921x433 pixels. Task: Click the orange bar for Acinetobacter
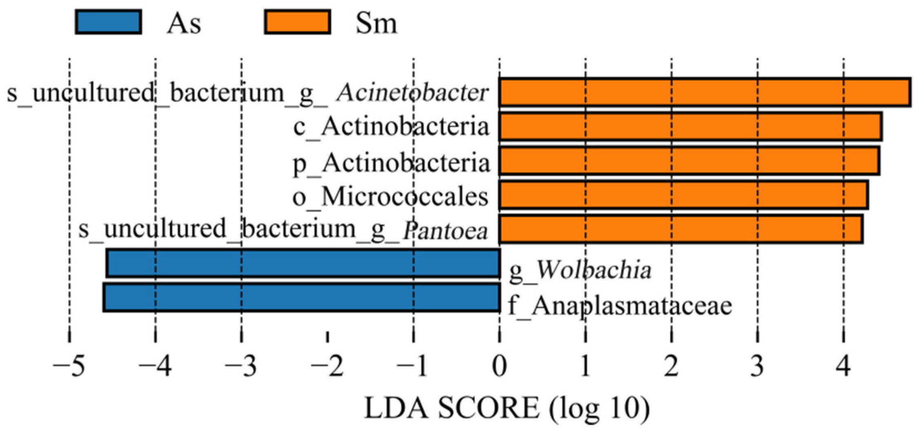tap(705, 93)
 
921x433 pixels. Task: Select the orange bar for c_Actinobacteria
tap(690, 127)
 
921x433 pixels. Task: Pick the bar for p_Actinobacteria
tap(689, 161)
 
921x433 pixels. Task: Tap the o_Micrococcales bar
tap(683, 195)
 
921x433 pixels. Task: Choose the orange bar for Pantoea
tap(681, 229)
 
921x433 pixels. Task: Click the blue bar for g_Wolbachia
tap(303, 264)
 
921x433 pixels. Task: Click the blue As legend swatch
tap(109, 22)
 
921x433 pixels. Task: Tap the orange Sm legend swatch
tap(297, 22)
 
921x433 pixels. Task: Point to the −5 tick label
tap(69, 366)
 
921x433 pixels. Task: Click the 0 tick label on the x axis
tap(499, 366)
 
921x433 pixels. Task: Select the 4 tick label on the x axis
tap(843, 366)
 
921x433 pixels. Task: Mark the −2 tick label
tap(327, 366)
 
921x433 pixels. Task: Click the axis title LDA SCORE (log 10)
tap(507, 408)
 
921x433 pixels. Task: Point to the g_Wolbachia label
tap(580, 270)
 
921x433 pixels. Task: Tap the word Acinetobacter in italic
tap(412, 93)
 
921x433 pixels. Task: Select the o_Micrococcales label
tap(390, 197)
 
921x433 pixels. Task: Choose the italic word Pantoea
tap(445, 231)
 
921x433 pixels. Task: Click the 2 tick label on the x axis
tap(672, 366)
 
